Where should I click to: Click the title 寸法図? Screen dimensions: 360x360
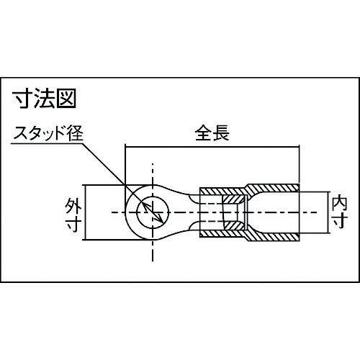pyautogui.click(x=45, y=98)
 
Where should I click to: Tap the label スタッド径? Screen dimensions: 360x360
pyautogui.click(x=48, y=133)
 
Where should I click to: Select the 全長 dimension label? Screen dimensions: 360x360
pyautogui.click(x=212, y=133)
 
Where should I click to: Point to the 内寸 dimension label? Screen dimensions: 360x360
pyautogui.click(x=340, y=212)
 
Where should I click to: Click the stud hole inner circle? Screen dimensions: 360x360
pyautogui.click(x=153, y=197)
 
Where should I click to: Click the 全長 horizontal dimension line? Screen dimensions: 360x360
pyautogui.click(x=212, y=145)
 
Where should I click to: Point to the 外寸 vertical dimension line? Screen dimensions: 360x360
pyautogui.click(x=85, y=212)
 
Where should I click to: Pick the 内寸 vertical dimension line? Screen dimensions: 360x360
pyautogui.click(x=328, y=212)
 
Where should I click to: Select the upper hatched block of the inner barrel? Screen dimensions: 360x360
pyautogui.click(x=234, y=199)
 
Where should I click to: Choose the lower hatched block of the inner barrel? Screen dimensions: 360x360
pyautogui.click(x=235, y=226)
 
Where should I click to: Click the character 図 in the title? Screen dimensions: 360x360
pyautogui.click(x=66, y=98)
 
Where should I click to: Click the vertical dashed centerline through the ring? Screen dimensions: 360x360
pyautogui.click(x=153, y=212)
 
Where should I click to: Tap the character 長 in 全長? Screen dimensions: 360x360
pyautogui.click(x=221, y=133)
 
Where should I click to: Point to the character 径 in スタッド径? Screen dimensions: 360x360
pyautogui.click(x=76, y=133)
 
